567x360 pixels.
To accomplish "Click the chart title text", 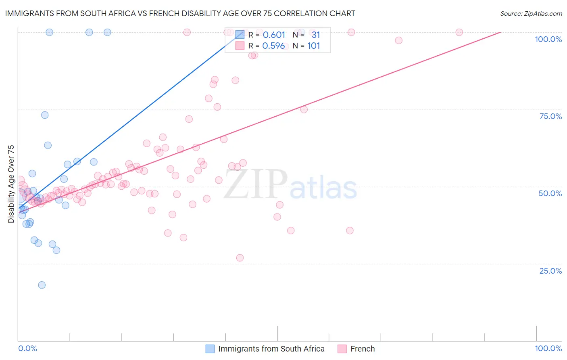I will (180, 13).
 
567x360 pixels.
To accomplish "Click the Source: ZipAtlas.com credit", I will (531, 13).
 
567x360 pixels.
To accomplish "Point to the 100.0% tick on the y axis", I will (548, 39).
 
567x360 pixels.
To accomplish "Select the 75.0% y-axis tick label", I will (550, 116).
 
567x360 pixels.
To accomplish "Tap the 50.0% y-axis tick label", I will (550, 193).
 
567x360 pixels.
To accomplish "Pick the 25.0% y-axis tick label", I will (550, 271).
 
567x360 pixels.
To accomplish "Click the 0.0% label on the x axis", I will (28, 348).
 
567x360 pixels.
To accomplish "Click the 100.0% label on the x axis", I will (548, 348).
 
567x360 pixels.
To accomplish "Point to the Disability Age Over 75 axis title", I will (11, 184).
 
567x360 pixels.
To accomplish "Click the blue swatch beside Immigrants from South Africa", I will (210, 349).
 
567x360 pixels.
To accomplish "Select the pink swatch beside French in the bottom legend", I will (342, 349).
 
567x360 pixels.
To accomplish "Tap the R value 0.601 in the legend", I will (274, 35).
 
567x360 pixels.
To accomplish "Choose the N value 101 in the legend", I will (313, 46).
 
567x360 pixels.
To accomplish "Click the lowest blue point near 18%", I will (42, 285).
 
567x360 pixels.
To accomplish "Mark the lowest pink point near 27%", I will (240, 258).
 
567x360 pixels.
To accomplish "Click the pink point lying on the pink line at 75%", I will (304, 109).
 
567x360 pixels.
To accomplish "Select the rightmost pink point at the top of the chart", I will (459, 32).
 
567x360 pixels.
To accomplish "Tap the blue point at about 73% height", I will (45, 115).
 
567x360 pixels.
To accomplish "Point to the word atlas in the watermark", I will (323, 188).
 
